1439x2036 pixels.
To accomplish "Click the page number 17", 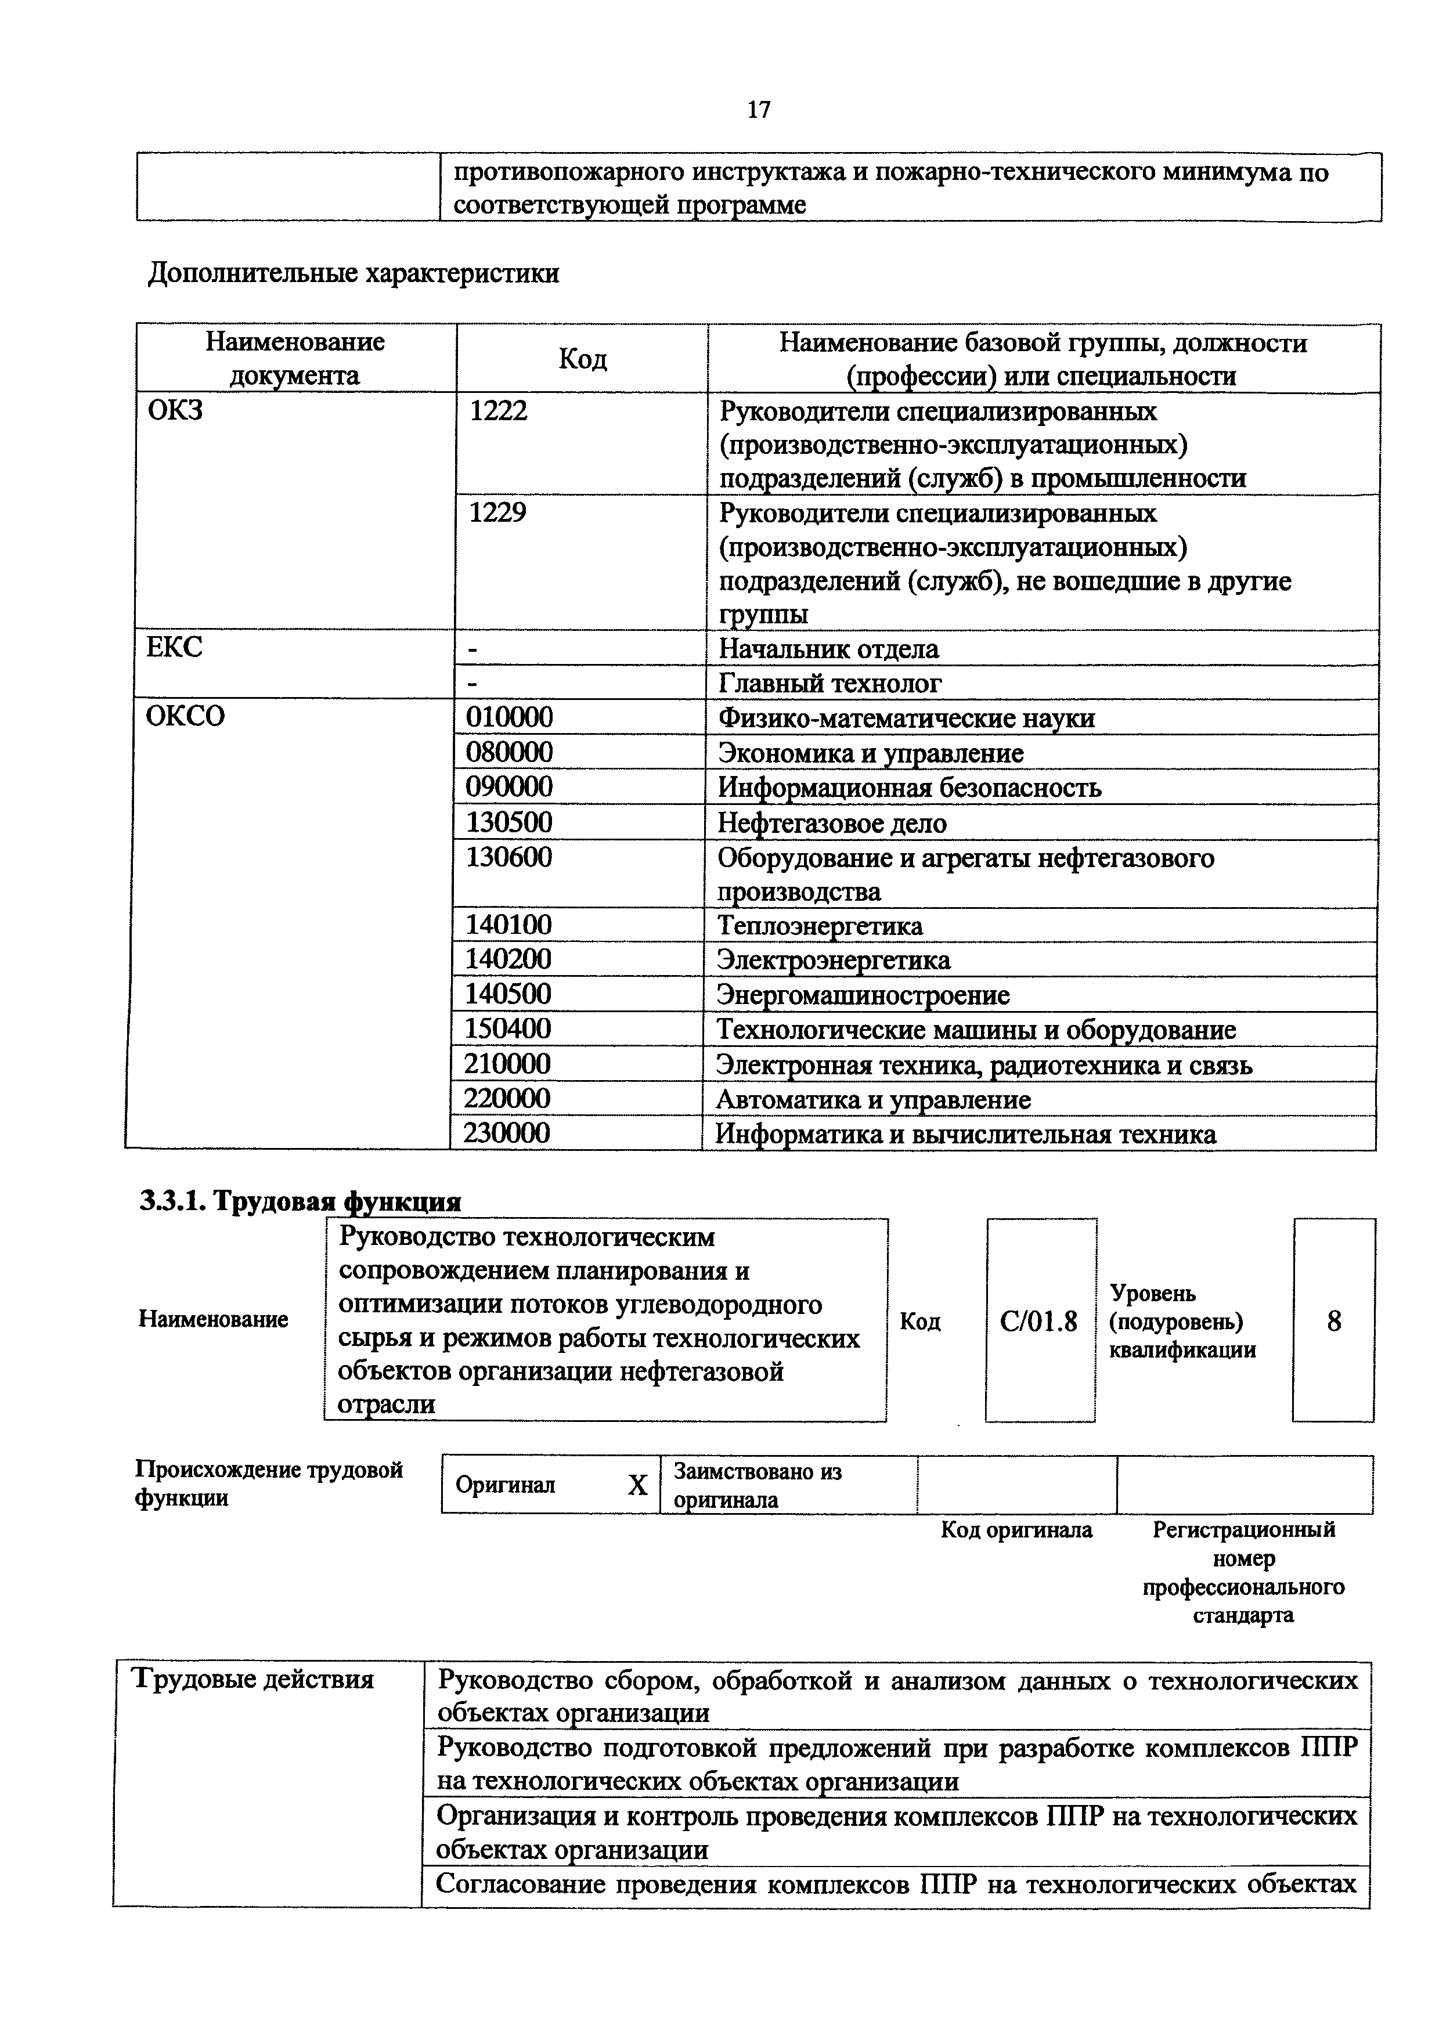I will pos(759,109).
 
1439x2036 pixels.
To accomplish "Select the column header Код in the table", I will pos(583,359).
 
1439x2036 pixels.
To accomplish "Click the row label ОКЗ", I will pos(175,411).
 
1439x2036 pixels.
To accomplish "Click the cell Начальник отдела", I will pos(828,649).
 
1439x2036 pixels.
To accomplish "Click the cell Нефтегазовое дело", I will pos(832,824).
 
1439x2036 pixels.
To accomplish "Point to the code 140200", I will pos(508,959).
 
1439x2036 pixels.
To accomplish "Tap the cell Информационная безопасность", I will pos(909,788).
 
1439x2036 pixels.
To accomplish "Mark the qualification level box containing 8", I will pos(1333,1322).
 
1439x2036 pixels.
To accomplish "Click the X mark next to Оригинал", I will pos(637,1485).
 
